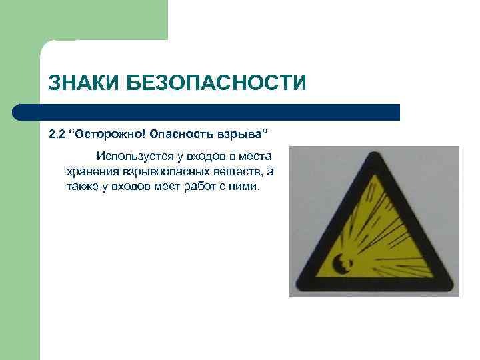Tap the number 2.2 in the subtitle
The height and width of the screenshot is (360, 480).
(57, 135)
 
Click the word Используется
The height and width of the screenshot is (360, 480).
(134, 157)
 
